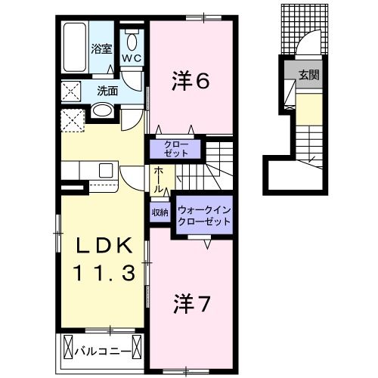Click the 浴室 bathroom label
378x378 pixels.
[x=101, y=49]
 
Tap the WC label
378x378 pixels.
[x=132, y=57]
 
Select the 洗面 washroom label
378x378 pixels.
[x=107, y=91]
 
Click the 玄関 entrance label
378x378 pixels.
[x=308, y=75]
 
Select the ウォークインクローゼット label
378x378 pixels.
[x=205, y=215]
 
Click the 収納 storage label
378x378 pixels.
[x=160, y=212]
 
